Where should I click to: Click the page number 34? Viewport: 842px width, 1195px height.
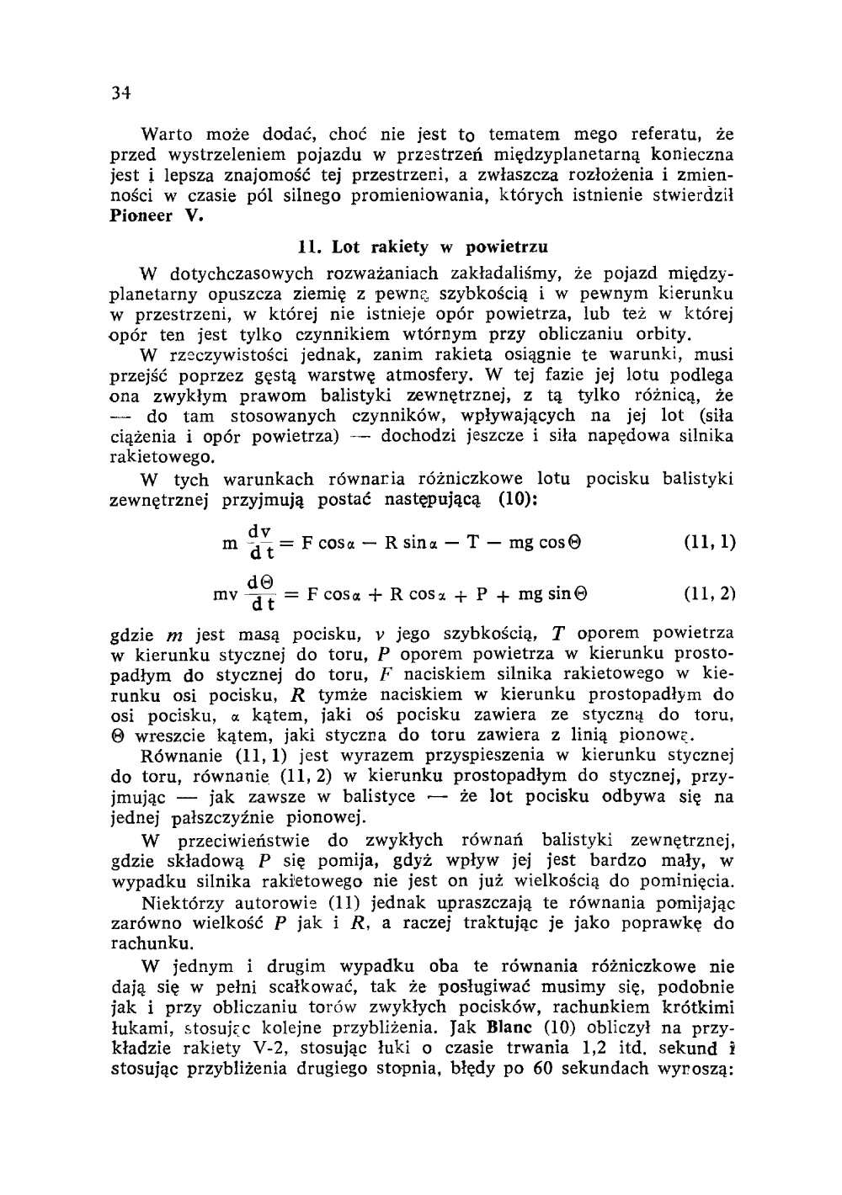point(121,93)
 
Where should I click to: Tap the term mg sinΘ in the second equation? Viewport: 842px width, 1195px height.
point(552,593)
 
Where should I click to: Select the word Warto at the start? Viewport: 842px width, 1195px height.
point(167,134)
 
